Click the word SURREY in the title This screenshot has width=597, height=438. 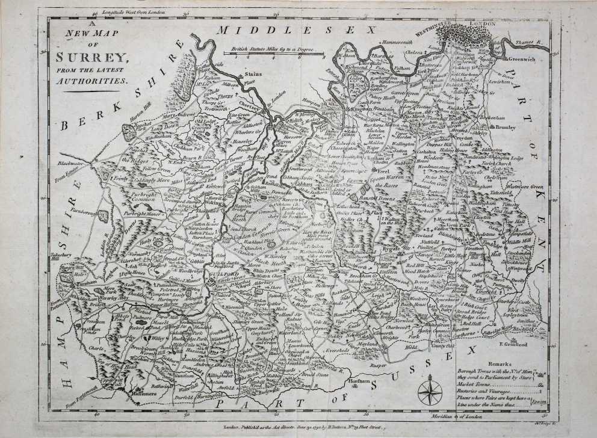click(x=92, y=58)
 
